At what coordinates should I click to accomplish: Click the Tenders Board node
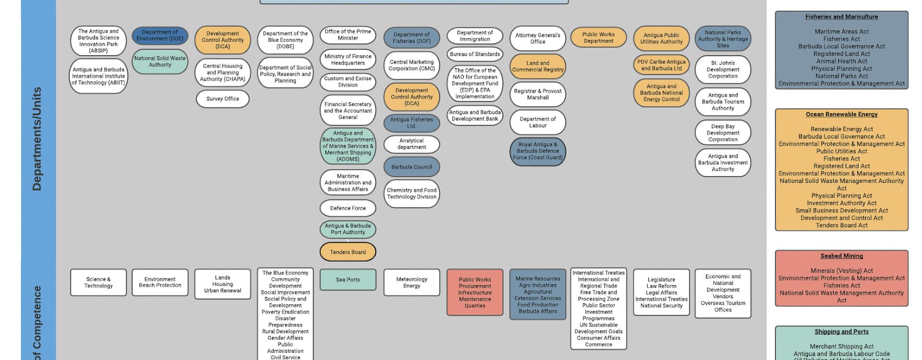click(x=348, y=252)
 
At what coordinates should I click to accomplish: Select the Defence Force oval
click(x=348, y=208)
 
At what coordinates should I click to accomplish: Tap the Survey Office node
click(x=222, y=99)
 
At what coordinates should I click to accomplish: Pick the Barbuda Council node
click(x=412, y=167)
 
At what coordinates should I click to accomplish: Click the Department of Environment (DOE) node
click(x=160, y=36)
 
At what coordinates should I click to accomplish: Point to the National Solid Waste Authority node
click(x=160, y=61)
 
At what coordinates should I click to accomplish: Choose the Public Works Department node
click(x=598, y=37)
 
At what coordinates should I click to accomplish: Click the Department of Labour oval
click(x=537, y=122)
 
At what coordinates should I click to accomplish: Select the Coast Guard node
click(x=537, y=151)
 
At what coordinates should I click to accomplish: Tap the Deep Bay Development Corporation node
click(x=723, y=133)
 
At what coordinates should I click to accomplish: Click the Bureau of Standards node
click(x=474, y=54)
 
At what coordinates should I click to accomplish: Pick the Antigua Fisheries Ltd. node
click(x=412, y=123)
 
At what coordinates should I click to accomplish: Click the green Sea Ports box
click(x=348, y=280)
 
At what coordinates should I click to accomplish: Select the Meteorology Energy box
click(x=412, y=282)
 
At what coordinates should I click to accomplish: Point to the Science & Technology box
click(x=98, y=282)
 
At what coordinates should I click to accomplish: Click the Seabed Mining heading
click(x=841, y=256)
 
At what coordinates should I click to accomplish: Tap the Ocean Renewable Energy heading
click(x=841, y=114)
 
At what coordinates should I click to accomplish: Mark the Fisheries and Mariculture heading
click(x=841, y=17)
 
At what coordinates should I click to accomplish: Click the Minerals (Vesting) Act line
click(x=841, y=271)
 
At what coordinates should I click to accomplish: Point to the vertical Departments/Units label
click(x=37, y=139)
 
